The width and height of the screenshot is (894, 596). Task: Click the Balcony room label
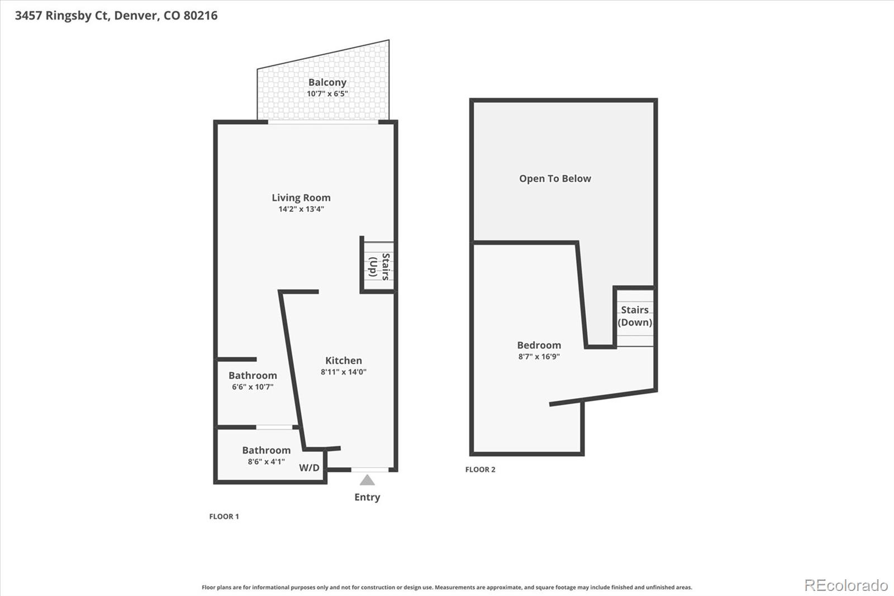pyautogui.click(x=327, y=82)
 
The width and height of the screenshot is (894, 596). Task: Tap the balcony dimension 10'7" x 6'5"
pyautogui.click(x=327, y=94)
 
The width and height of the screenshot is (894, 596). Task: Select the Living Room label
pyautogui.click(x=301, y=197)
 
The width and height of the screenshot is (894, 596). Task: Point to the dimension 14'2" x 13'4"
pyautogui.click(x=301, y=209)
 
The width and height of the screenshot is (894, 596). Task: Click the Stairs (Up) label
pyautogui.click(x=379, y=266)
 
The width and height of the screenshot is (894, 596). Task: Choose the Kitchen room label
pyautogui.click(x=344, y=361)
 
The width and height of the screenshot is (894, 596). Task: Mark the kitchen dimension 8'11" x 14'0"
pyautogui.click(x=344, y=372)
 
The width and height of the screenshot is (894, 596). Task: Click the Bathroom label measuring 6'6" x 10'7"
pyautogui.click(x=253, y=375)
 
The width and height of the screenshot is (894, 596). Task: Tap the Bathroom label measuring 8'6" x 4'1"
pyautogui.click(x=266, y=450)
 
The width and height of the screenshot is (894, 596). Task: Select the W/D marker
pyautogui.click(x=309, y=467)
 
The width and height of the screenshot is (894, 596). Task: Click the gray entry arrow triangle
pyautogui.click(x=367, y=480)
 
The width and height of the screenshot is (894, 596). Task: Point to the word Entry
pyautogui.click(x=367, y=497)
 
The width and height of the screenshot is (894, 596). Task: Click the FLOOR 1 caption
pyautogui.click(x=224, y=517)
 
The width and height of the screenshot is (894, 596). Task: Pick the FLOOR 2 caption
pyautogui.click(x=481, y=470)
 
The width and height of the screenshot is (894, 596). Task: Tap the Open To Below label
pyautogui.click(x=555, y=178)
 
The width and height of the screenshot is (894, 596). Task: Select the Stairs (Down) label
pyautogui.click(x=635, y=316)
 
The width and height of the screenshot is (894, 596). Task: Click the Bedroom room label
pyautogui.click(x=539, y=345)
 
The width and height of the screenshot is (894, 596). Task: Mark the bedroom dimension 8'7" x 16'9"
pyautogui.click(x=539, y=357)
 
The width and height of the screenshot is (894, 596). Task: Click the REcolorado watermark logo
pyautogui.click(x=846, y=585)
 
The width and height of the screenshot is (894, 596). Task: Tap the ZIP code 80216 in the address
pyautogui.click(x=200, y=15)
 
